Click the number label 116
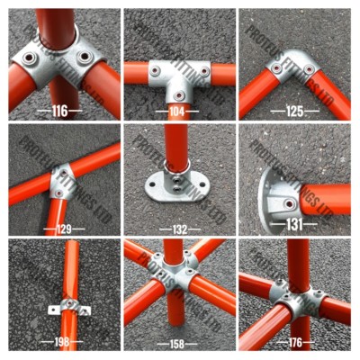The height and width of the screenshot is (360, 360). coord(59,111)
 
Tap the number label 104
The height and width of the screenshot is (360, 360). coord(177,111)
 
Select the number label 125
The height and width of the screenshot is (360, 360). coord(295,111)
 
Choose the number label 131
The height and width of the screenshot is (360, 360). coord(295,229)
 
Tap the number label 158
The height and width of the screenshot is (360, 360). coord(177,343)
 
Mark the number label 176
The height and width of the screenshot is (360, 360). coord(295,343)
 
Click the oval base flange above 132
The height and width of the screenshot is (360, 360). coord(176,184)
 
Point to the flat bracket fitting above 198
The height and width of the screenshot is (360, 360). coord(70,308)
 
